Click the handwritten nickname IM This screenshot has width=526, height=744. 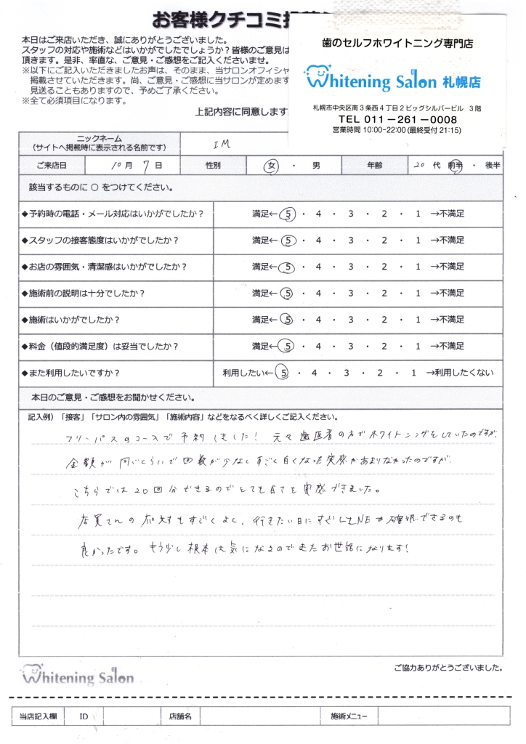tap(222, 144)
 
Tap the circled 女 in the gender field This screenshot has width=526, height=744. tap(273, 166)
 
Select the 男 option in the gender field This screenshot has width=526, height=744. tap(316, 166)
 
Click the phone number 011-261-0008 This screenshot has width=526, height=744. tap(397, 119)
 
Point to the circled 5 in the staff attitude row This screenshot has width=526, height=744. tap(288, 240)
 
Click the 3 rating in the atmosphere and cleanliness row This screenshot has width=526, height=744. tap(352, 267)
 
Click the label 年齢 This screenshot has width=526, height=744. tap(376, 166)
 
